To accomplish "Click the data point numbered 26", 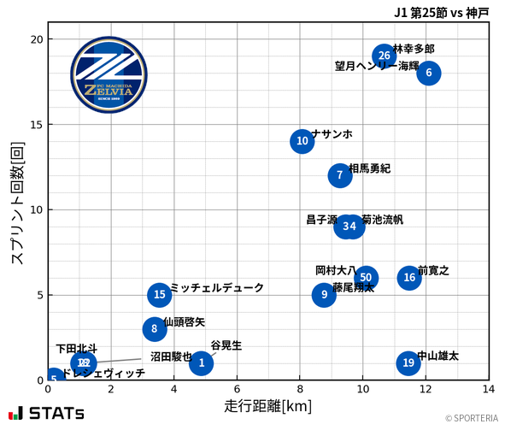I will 385,56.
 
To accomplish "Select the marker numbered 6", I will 429,73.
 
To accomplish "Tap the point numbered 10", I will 302,141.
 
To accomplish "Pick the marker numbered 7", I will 340,175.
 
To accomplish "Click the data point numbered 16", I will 409,277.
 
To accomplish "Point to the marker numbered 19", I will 408,362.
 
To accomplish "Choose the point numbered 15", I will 160,295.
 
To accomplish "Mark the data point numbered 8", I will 154,328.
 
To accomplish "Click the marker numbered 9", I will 324,295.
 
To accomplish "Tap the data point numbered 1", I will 201,363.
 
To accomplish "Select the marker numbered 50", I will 366,277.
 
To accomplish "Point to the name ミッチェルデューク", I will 217,288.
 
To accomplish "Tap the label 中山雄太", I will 437,355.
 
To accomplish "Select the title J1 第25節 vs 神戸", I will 442,13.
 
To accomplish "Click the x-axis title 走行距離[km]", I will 267,405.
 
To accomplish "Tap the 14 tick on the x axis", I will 488,390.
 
